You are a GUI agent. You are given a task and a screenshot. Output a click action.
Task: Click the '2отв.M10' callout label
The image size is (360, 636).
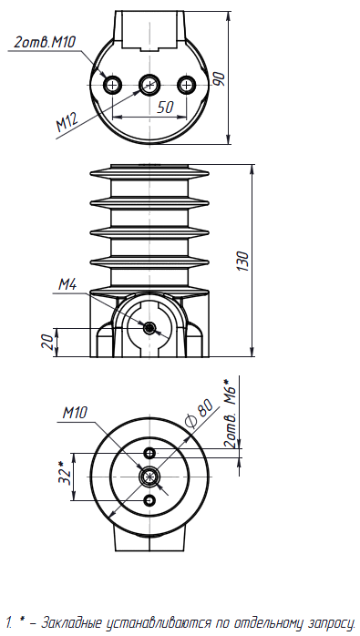pyautogui.click(x=45, y=42)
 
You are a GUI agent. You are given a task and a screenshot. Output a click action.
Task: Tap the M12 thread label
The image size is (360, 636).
pyautogui.click(x=67, y=122)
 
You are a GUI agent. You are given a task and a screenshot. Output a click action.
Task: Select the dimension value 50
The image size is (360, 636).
pyautogui.click(x=165, y=108)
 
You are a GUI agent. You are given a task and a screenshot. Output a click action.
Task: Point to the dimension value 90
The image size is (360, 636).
pyautogui.click(x=219, y=78)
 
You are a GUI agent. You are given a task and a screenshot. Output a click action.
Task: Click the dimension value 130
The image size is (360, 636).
pyautogui.click(x=243, y=261)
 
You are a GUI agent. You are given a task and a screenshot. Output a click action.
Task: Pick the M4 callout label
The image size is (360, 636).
pyautogui.click(x=67, y=284)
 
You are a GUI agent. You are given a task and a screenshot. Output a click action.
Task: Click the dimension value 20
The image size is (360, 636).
pyautogui.click(x=47, y=342)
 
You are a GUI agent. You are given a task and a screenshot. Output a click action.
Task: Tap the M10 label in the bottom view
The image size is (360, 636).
pyautogui.click(x=75, y=413)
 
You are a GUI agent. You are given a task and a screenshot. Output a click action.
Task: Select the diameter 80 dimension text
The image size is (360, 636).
pyautogui.click(x=199, y=414)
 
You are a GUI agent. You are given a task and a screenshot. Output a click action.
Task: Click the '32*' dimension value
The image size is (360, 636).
pyautogui.click(x=65, y=473)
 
